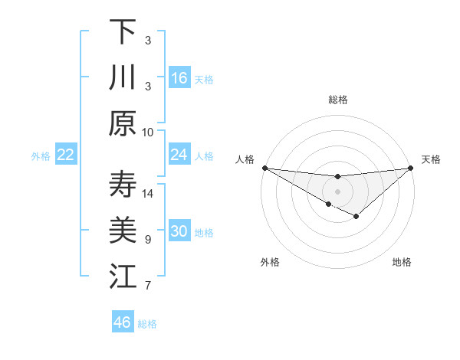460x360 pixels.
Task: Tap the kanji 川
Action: click(x=123, y=77)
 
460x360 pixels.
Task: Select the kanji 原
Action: click(x=123, y=123)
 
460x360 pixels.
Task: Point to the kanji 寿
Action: click(x=123, y=185)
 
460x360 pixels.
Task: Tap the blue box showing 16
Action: click(x=179, y=77)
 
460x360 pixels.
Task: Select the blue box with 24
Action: click(x=179, y=155)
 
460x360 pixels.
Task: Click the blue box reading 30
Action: click(x=179, y=232)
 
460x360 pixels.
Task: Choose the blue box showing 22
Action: click(x=66, y=155)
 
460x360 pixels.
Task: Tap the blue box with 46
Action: click(x=123, y=322)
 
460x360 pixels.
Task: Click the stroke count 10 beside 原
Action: click(x=148, y=132)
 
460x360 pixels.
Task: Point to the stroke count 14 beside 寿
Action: click(x=148, y=193)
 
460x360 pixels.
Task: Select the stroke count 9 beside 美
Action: click(x=148, y=240)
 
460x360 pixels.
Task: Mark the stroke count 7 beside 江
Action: click(x=148, y=286)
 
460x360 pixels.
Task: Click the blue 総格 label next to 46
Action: click(x=148, y=324)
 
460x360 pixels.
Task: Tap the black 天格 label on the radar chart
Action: click(x=432, y=159)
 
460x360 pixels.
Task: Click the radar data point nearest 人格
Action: click(x=264, y=168)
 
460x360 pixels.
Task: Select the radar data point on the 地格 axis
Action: click(x=356, y=217)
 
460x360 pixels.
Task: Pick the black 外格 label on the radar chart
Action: click(x=270, y=262)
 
